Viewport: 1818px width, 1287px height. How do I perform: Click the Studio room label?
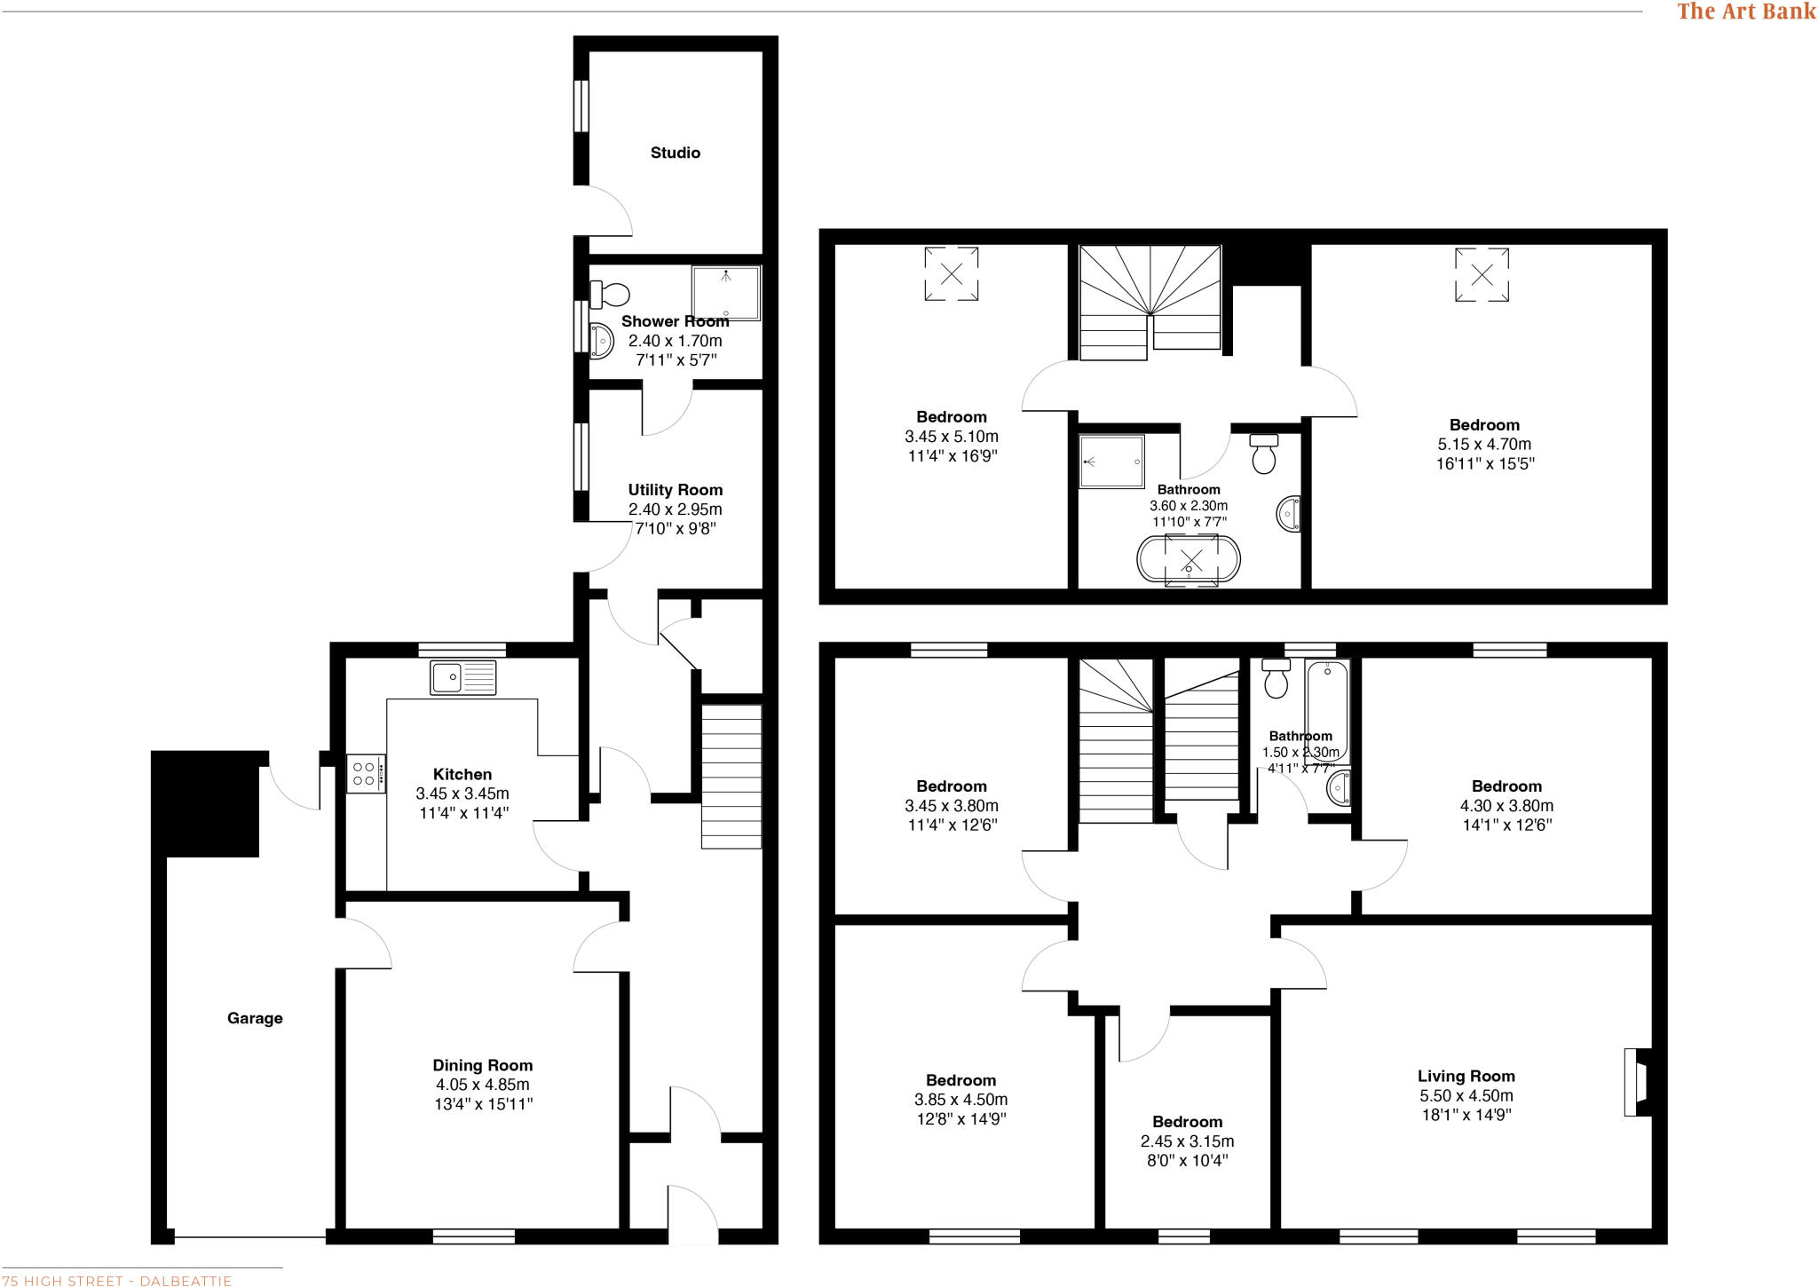675,153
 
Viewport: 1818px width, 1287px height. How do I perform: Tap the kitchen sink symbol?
462,678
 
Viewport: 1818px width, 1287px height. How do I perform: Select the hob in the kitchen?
365,773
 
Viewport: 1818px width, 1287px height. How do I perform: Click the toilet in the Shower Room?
611,293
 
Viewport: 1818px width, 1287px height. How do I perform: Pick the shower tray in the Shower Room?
726,293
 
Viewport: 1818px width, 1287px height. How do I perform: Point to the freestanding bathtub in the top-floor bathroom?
1189,560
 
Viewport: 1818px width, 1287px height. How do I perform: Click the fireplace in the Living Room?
1637,1082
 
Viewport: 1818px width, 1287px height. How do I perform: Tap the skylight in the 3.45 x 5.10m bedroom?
951,274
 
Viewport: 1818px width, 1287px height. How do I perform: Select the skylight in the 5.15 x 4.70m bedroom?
1482,274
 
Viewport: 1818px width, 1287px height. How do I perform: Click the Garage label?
255,1018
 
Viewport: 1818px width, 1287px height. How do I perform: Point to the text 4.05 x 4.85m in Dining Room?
482,1085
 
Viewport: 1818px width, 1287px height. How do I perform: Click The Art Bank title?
1745,12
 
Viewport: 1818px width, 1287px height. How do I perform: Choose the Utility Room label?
675,490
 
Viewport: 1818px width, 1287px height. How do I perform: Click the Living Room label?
1466,1076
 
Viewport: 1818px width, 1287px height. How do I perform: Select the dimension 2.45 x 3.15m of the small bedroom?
1187,1141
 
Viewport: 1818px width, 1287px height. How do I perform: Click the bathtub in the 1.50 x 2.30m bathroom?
1327,710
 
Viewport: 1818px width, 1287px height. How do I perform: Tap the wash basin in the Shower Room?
602,340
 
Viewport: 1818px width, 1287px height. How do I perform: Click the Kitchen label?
462,774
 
